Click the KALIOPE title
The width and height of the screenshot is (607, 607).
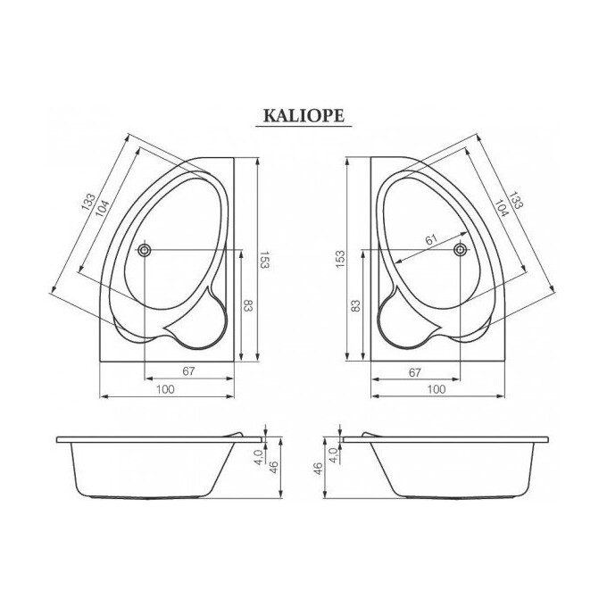coord(303,115)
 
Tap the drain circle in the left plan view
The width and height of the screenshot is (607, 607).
coord(145,250)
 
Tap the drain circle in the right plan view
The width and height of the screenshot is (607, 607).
coord(461,250)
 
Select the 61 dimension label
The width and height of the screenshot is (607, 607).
coord(431,239)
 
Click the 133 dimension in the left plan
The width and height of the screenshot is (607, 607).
coord(88,202)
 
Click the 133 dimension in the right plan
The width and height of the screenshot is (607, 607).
coord(516,200)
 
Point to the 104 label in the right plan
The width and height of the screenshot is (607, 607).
coord(501,208)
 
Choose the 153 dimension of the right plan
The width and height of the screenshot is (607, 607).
coord(340,260)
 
